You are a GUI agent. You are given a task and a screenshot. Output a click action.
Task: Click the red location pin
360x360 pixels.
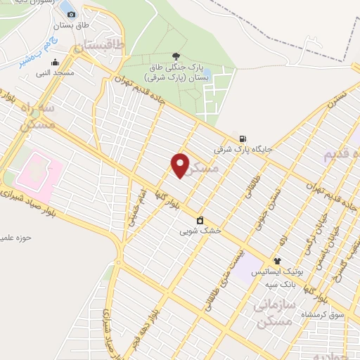(x=181, y=166)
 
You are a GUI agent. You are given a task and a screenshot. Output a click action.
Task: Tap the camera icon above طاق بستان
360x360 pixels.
(x=71, y=15)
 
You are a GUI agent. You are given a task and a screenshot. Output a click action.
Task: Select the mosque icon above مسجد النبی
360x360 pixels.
(x=55, y=62)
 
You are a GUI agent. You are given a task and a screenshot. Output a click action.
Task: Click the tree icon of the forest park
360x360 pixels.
(x=176, y=56)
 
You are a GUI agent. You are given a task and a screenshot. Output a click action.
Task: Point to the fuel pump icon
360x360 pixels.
(x=243, y=139)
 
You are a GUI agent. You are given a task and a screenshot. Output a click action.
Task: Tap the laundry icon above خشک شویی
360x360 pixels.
(x=200, y=220)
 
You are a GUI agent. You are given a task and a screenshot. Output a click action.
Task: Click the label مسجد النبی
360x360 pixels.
(x=57, y=72)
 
